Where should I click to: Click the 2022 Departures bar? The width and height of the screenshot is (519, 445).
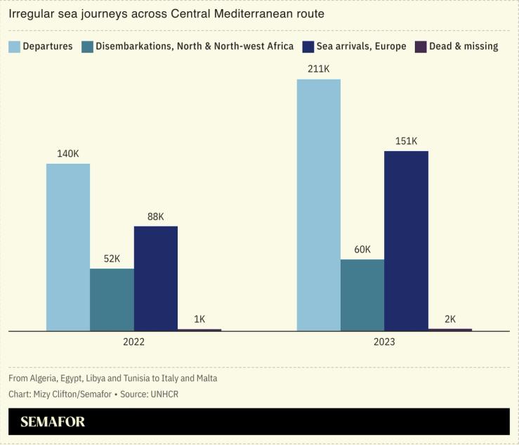point(68,247)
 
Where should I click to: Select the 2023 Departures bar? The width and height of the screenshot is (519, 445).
point(318,205)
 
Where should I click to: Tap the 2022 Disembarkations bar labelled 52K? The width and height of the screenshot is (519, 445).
point(112,299)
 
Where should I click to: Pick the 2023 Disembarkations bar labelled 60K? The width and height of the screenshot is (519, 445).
point(362,295)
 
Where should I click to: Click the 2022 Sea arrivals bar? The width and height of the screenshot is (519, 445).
point(155,278)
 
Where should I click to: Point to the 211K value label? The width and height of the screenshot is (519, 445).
point(318,68)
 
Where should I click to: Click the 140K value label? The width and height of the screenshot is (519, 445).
point(68,153)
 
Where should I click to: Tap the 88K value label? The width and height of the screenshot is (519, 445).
point(155,216)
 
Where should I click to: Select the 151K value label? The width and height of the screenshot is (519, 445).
point(406,141)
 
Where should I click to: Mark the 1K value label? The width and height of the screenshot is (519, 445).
point(199,318)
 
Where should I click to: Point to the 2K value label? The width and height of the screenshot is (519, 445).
point(450,318)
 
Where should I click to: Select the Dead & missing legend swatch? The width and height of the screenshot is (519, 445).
point(421,46)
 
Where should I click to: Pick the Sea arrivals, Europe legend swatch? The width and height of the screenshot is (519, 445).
point(308,46)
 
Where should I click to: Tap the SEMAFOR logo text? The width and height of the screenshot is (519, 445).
point(53,422)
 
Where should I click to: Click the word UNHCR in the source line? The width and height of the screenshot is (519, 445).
point(164,394)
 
